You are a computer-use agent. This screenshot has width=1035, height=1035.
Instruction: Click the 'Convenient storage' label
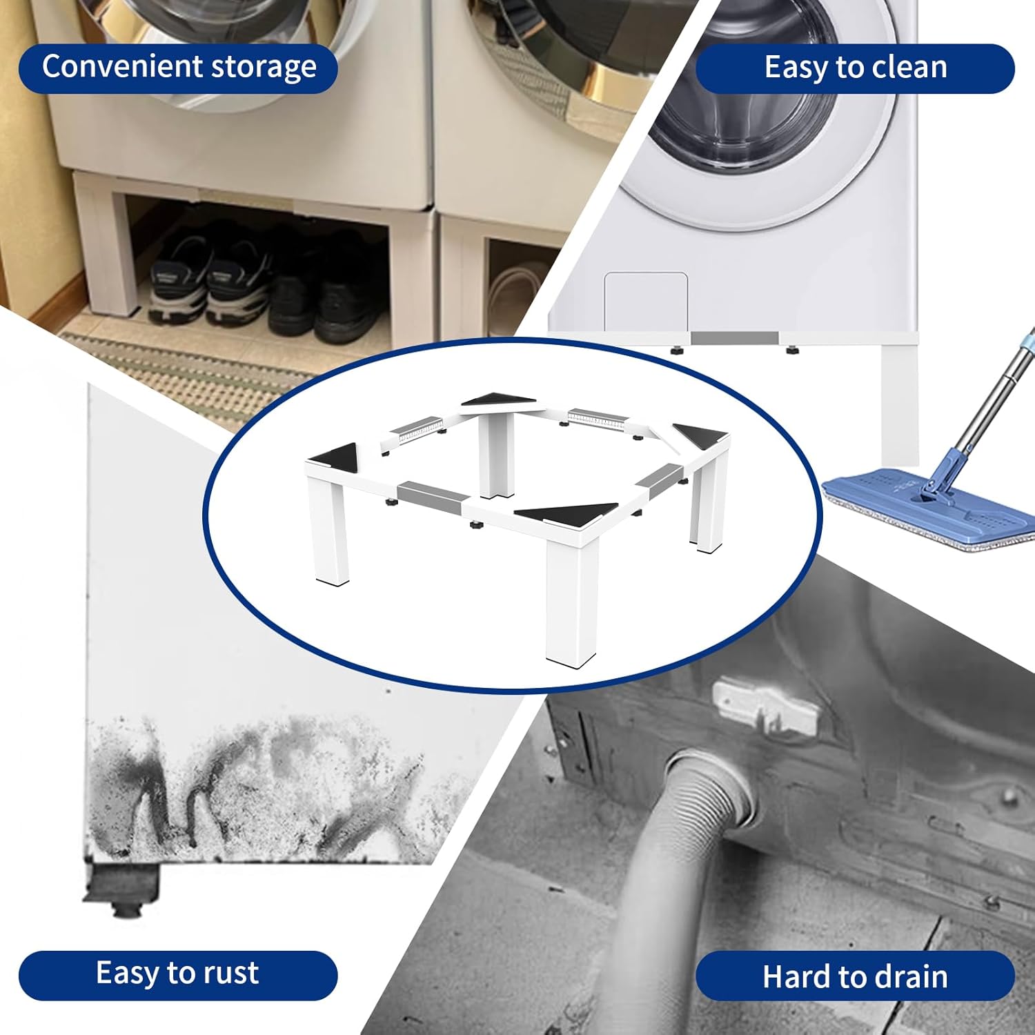(x=178, y=68)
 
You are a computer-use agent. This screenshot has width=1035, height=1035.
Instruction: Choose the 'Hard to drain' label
(x=855, y=977)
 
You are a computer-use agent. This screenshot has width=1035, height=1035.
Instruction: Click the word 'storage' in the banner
(x=264, y=68)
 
